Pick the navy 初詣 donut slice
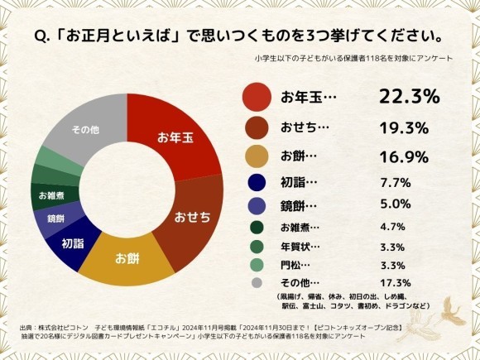click(73, 243)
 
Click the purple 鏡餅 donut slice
click(56, 219)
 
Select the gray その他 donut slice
click(83, 132)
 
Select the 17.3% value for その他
click(393, 282)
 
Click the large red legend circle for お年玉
click(257, 97)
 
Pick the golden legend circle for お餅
click(257, 156)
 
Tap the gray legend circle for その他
click(257, 282)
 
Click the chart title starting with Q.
click(239, 37)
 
